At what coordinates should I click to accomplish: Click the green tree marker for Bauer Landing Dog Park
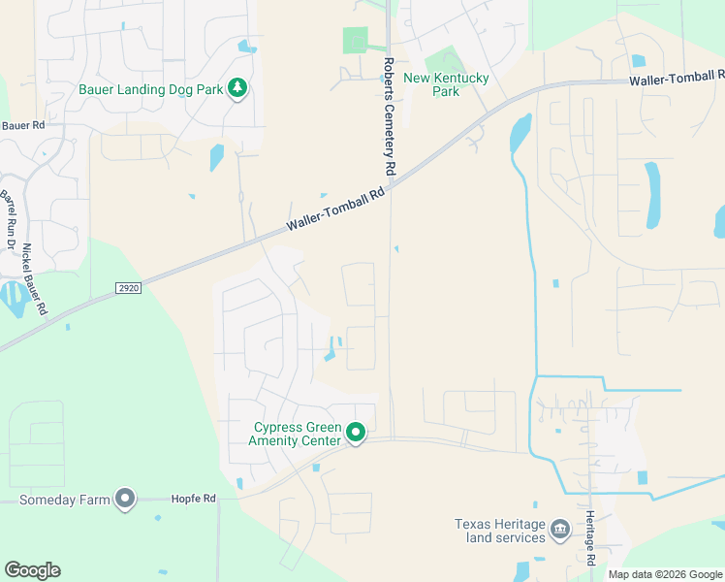237,89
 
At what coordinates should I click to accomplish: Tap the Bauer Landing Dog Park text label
149,90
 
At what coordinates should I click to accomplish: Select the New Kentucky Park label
446,84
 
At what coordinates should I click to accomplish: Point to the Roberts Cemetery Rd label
389,116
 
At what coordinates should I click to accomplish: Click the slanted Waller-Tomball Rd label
335,210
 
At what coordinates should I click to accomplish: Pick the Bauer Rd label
23,125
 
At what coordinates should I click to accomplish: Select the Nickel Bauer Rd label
35,279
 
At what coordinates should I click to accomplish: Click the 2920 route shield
127,288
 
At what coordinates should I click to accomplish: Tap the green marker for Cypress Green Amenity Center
356,433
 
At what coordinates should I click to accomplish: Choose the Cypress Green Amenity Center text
297,434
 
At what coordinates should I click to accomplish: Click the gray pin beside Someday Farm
125,499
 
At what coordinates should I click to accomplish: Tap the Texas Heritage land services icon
559,529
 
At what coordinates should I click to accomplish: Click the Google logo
32,570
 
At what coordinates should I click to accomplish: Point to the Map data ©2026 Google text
665,574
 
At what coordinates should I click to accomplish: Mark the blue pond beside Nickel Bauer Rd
14,298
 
